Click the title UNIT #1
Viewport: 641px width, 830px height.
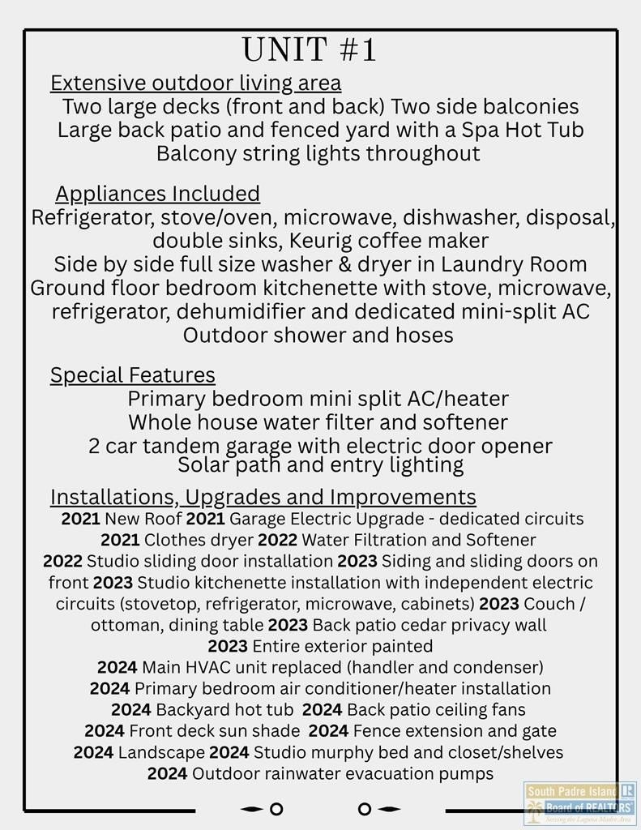(310, 50)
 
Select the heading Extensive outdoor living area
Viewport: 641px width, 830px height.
(195, 83)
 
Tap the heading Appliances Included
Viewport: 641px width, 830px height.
(157, 194)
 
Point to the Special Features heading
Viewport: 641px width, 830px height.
(133, 374)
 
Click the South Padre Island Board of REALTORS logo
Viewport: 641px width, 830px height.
(579, 802)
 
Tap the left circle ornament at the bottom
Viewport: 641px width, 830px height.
(276, 809)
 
